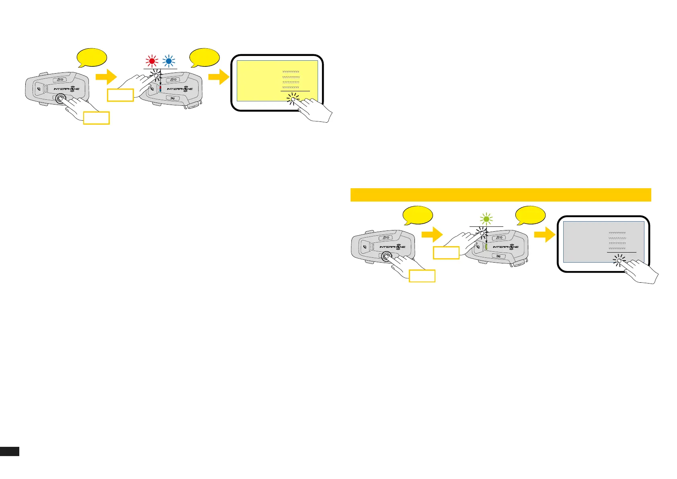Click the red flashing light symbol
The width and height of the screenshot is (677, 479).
tap(152, 61)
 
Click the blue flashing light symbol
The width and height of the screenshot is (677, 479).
tap(169, 61)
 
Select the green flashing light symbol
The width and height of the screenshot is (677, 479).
tap(486, 219)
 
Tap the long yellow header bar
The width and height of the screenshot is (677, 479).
tap(501, 195)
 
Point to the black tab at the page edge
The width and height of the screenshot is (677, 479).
tap(10, 451)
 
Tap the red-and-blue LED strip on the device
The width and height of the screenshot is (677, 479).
tap(160, 89)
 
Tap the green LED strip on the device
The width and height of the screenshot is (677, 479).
tap(486, 247)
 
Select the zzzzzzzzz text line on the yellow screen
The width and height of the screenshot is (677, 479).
tap(291, 82)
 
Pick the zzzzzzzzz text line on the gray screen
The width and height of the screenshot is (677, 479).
tap(617, 243)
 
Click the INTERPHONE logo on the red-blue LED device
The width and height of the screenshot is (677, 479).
tap(180, 89)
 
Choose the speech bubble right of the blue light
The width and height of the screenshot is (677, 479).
tap(205, 58)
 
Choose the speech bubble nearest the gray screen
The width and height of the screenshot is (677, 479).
tap(531, 216)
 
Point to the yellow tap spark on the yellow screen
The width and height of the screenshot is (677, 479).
tap(293, 99)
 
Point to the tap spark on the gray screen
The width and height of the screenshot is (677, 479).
tap(619, 261)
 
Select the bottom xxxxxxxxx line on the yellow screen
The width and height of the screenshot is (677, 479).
tap(291, 87)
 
